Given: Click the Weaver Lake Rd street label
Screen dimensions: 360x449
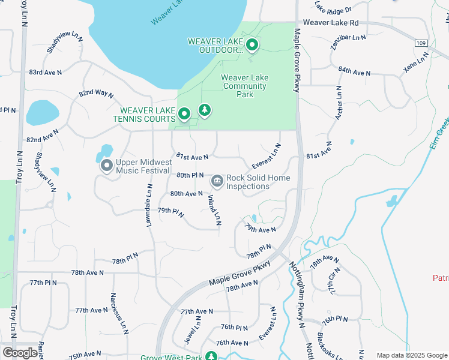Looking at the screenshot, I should click(x=331, y=22).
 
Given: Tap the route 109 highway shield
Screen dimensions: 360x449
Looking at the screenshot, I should click(x=421, y=43).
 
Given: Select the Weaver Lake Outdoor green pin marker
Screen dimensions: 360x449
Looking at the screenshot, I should click(x=253, y=45).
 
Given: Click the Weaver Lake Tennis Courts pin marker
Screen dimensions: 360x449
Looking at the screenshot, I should click(x=185, y=113).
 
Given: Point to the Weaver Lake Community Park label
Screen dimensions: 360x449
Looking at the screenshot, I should click(x=245, y=86).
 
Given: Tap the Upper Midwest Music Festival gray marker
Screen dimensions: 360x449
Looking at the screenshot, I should click(x=107, y=165).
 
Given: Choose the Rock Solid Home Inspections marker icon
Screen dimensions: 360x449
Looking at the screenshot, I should click(x=216, y=180).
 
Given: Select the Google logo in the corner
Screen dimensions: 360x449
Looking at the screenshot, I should click(x=20, y=352).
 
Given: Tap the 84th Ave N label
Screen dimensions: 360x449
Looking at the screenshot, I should click(x=354, y=72).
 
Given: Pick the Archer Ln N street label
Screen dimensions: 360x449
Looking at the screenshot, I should click(x=339, y=102).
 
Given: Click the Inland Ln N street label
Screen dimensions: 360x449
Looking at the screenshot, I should click(x=214, y=210).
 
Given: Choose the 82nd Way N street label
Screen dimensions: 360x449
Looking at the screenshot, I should click(x=96, y=94).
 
